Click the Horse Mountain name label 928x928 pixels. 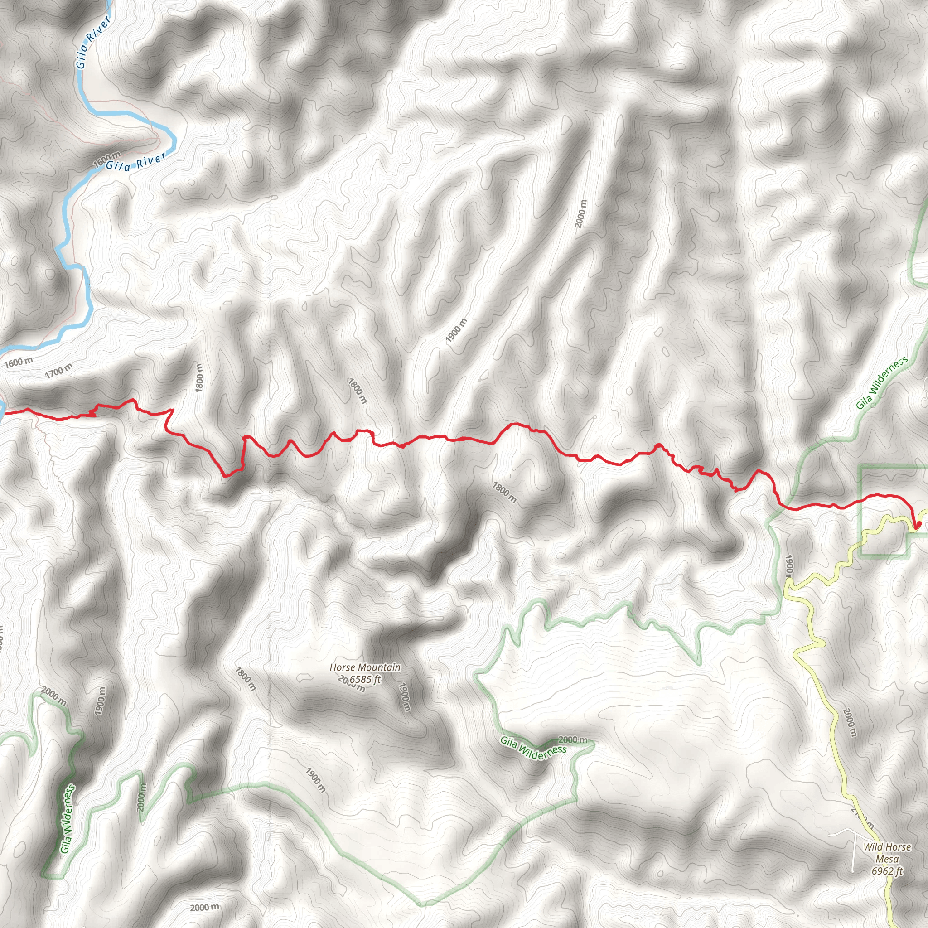pyautogui.click(x=365, y=667)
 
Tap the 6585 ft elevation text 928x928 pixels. pyautogui.click(x=365, y=679)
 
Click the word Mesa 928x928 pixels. pyautogui.click(x=887, y=859)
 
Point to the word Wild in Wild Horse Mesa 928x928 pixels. pyautogui.click(x=873, y=847)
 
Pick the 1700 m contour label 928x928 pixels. pyautogui.click(x=59, y=370)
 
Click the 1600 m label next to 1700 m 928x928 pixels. pyautogui.click(x=19, y=362)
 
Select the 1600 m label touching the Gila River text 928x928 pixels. pyautogui.click(x=106, y=160)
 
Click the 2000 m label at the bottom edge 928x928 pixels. pyautogui.click(x=205, y=907)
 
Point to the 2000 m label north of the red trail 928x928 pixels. pyautogui.click(x=581, y=214)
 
